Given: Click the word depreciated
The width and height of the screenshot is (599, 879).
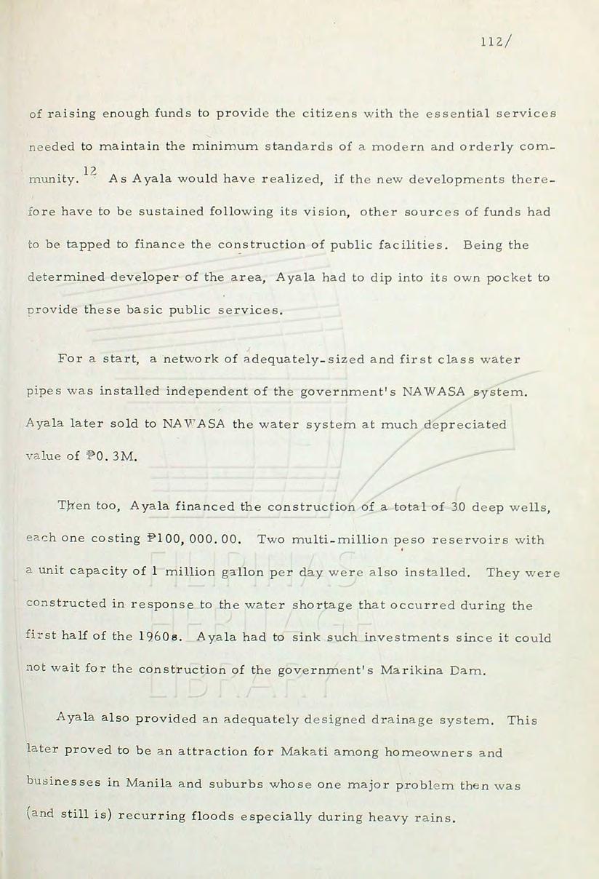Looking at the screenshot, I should click(465, 425).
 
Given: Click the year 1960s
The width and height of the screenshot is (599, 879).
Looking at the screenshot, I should click(154, 638).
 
